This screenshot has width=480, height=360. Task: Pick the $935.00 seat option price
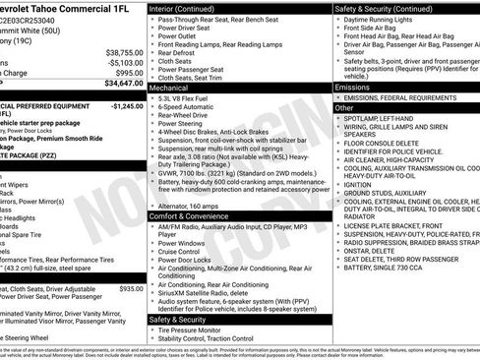pos(130,289)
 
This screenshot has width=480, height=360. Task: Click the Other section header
pos(343,108)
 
